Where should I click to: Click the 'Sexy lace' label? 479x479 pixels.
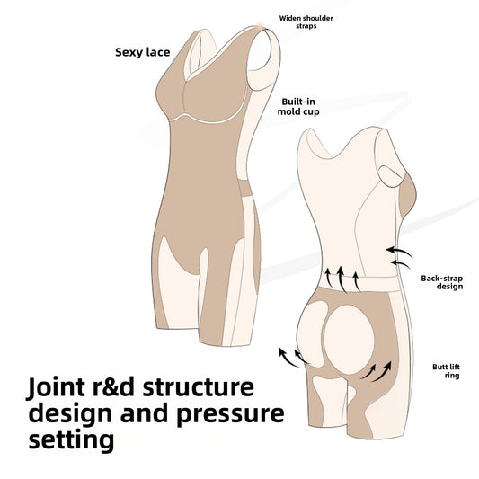click(x=142, y=52)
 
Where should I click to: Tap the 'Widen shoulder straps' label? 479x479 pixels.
click(x=306, y=22)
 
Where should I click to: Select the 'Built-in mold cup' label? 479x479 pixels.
click(x=298, y=107)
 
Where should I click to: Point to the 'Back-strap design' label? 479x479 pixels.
click(x=442, y=282)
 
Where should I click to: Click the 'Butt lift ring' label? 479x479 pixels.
click(x=446, y=371)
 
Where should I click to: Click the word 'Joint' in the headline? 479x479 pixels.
click(x=57, y=387)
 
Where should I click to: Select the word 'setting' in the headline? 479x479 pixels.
click(x=71, y=439)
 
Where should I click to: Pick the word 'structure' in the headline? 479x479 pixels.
click(x=199, y=387)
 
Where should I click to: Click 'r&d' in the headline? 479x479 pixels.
click(x=113, y=387)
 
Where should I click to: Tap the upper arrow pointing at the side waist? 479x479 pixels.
click(x=399, y=253)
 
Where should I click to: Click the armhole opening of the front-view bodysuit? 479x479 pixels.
click(x=260, y=50)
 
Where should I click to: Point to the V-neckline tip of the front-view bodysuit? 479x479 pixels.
click(x=186, y=80)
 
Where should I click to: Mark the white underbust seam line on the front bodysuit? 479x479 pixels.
click(x=208, y=120)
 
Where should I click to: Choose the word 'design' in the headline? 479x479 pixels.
click(x=71, y=414)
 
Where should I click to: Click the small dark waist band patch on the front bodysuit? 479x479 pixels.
click(x=244, y=188)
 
